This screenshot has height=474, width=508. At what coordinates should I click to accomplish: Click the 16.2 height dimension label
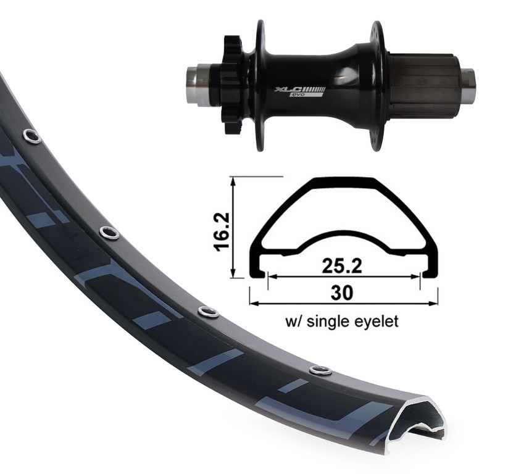222,231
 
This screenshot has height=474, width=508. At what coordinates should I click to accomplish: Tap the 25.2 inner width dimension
342,266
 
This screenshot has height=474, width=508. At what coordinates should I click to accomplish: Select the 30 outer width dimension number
342,293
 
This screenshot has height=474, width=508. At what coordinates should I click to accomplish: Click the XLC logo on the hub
300,89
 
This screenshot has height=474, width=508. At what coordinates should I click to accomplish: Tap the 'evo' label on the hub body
297,95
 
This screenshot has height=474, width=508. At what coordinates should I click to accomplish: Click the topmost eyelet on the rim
31,136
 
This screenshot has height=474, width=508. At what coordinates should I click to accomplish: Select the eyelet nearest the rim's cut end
320,370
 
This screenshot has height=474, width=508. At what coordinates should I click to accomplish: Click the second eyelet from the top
109,232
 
